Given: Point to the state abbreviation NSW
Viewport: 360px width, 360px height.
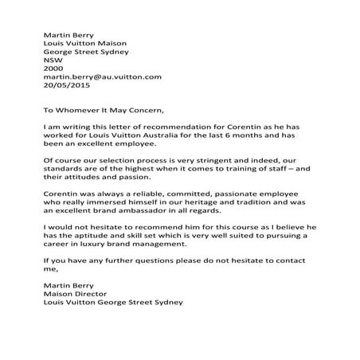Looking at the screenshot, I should tap(51, 57).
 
